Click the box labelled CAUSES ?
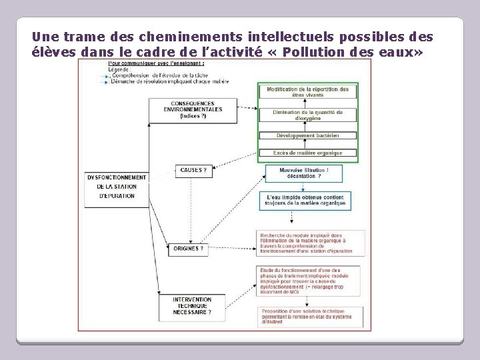tap(193, 171)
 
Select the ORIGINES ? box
tap(189, 249)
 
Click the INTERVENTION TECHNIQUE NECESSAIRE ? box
tap(192, 306)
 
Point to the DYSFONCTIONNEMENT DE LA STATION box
tap(117, 187)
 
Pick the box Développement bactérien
tap(308, 135)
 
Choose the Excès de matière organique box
tap(308, 153)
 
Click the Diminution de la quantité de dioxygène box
tap(308, 115)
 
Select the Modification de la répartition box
tap(308, 92)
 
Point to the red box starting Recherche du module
tap(311, 242)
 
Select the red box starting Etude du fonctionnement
tap(311, 279)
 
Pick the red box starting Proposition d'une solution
tap(311, 315)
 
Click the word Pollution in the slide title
tap(313, 52)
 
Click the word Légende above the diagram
tap(120, 69)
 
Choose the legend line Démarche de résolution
tap(169, 81)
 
